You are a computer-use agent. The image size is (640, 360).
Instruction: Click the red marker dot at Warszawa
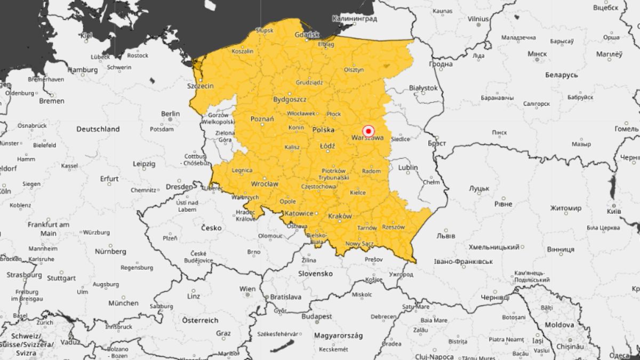point(368,131)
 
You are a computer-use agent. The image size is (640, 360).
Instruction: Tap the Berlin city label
point(171,114)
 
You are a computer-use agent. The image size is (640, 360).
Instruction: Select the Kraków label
point(340,216)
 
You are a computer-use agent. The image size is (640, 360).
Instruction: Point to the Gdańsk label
point(307,35)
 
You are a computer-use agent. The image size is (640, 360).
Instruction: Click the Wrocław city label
point(265,184)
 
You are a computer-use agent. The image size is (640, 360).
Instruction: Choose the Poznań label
point(262,119)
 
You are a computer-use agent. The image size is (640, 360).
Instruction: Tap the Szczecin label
point(201,86)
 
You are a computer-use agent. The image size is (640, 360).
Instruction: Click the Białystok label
point(423,87)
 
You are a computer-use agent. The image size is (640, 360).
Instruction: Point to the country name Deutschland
point(98,129)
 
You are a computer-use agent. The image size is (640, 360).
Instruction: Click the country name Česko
point(212,228)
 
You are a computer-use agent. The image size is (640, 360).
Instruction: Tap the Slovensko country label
point(316,274)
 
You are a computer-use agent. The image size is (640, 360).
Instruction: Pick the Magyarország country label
point(338,335)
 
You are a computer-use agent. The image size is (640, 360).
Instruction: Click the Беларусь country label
point(562,75)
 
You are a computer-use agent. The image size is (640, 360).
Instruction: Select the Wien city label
point(247,289)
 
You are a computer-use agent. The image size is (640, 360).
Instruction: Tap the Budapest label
point(317,316)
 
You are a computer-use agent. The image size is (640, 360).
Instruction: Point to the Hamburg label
point(83,70)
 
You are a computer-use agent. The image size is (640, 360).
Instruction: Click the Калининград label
point(354,19)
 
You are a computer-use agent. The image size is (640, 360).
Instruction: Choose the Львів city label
point(446,235)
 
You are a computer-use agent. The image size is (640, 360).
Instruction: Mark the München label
point(123,303)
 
